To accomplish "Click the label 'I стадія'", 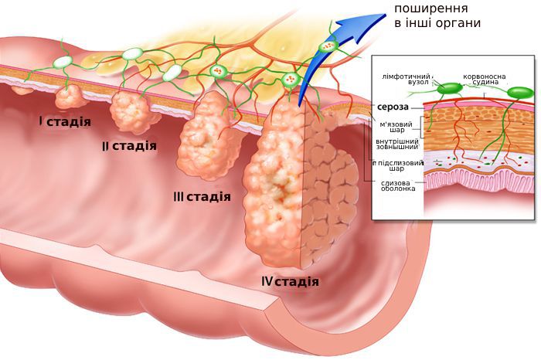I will pyautogui.click(x=65, y=121).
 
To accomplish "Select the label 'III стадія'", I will pyautogui.click(x=202, y=196).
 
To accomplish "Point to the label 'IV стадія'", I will pyautogui.click(x=290, y=280).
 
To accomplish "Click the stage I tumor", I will pyautogui.click(x=70, y=97).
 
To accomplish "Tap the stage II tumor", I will pyautogui.click(x=134, y=110).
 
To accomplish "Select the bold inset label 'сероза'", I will pyautogui.click(x=393, y=107).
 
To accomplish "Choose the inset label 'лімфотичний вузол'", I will pyautogui.click(x=407, y=80).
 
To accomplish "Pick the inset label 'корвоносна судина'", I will pyautogui.click(x=485, y=80).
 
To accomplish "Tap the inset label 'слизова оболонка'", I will pyautogui.click(x=397, y=185).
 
